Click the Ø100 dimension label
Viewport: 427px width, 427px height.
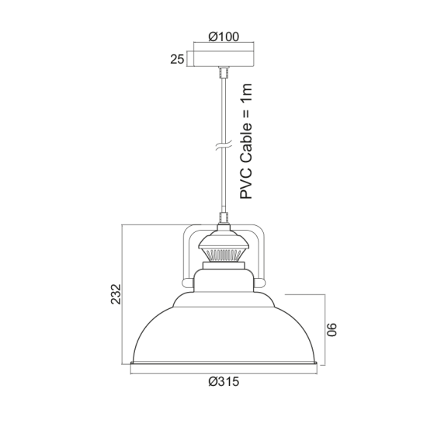click(224, 36)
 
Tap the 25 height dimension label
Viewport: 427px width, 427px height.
click(178, 58)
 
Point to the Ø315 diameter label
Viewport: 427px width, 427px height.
click(224, 382)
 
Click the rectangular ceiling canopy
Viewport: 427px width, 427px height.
click(224, 58)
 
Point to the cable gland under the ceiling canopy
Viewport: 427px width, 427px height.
click(224, 73)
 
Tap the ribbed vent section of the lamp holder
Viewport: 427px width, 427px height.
click(224, 253)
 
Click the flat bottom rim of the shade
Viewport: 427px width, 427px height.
click(224, 364)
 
